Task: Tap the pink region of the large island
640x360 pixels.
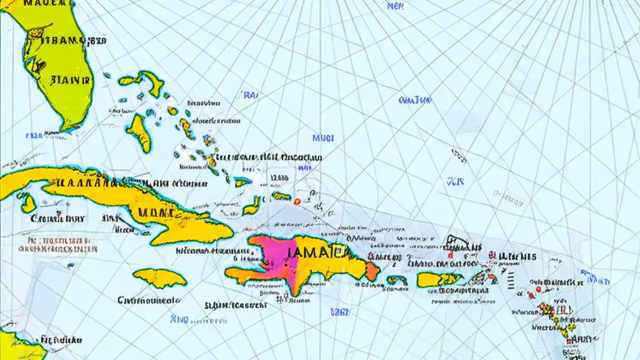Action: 272,255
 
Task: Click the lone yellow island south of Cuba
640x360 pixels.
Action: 159,278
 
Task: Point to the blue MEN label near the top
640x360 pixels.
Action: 395,6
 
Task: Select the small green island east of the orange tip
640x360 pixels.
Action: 396,280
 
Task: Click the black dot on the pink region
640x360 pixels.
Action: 286,265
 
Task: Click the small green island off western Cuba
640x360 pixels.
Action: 27,202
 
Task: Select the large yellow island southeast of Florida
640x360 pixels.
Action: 139,132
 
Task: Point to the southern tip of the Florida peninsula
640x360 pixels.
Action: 70,125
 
